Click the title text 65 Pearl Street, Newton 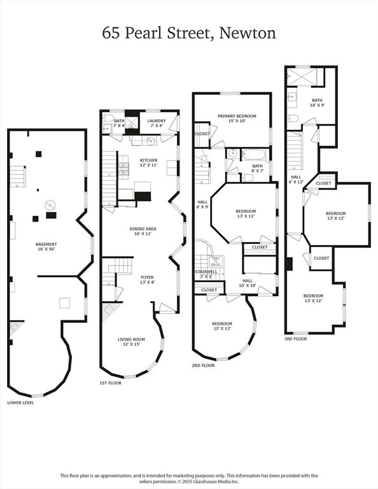(x=189, y=33)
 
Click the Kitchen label (x=148, y=162)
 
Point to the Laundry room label (x=156, y=123)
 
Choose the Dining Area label (x=143, y=231)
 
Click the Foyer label (x=147, y=280)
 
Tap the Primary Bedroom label (x=237, y=118)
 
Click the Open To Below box (x=225, y=260)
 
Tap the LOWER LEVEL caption (x=20, y=402)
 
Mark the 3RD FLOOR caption (x=297, y=339)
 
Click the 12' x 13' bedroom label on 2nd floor (x=222, y=326)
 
